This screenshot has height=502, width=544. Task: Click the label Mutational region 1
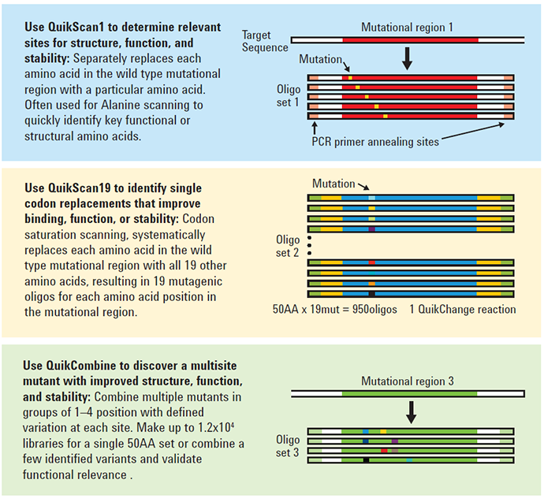(x=407, y=27)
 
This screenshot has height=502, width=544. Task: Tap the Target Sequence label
(x=266, y=41)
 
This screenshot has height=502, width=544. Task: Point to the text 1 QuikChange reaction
(x=463, y=309)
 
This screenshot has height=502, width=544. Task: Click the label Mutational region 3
(x=408, y=381)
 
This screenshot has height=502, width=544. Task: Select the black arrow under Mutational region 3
(x=410, y=411)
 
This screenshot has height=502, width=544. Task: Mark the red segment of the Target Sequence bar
(x=409, y=39)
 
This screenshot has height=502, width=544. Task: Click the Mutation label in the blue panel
(x=321, y=59)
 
